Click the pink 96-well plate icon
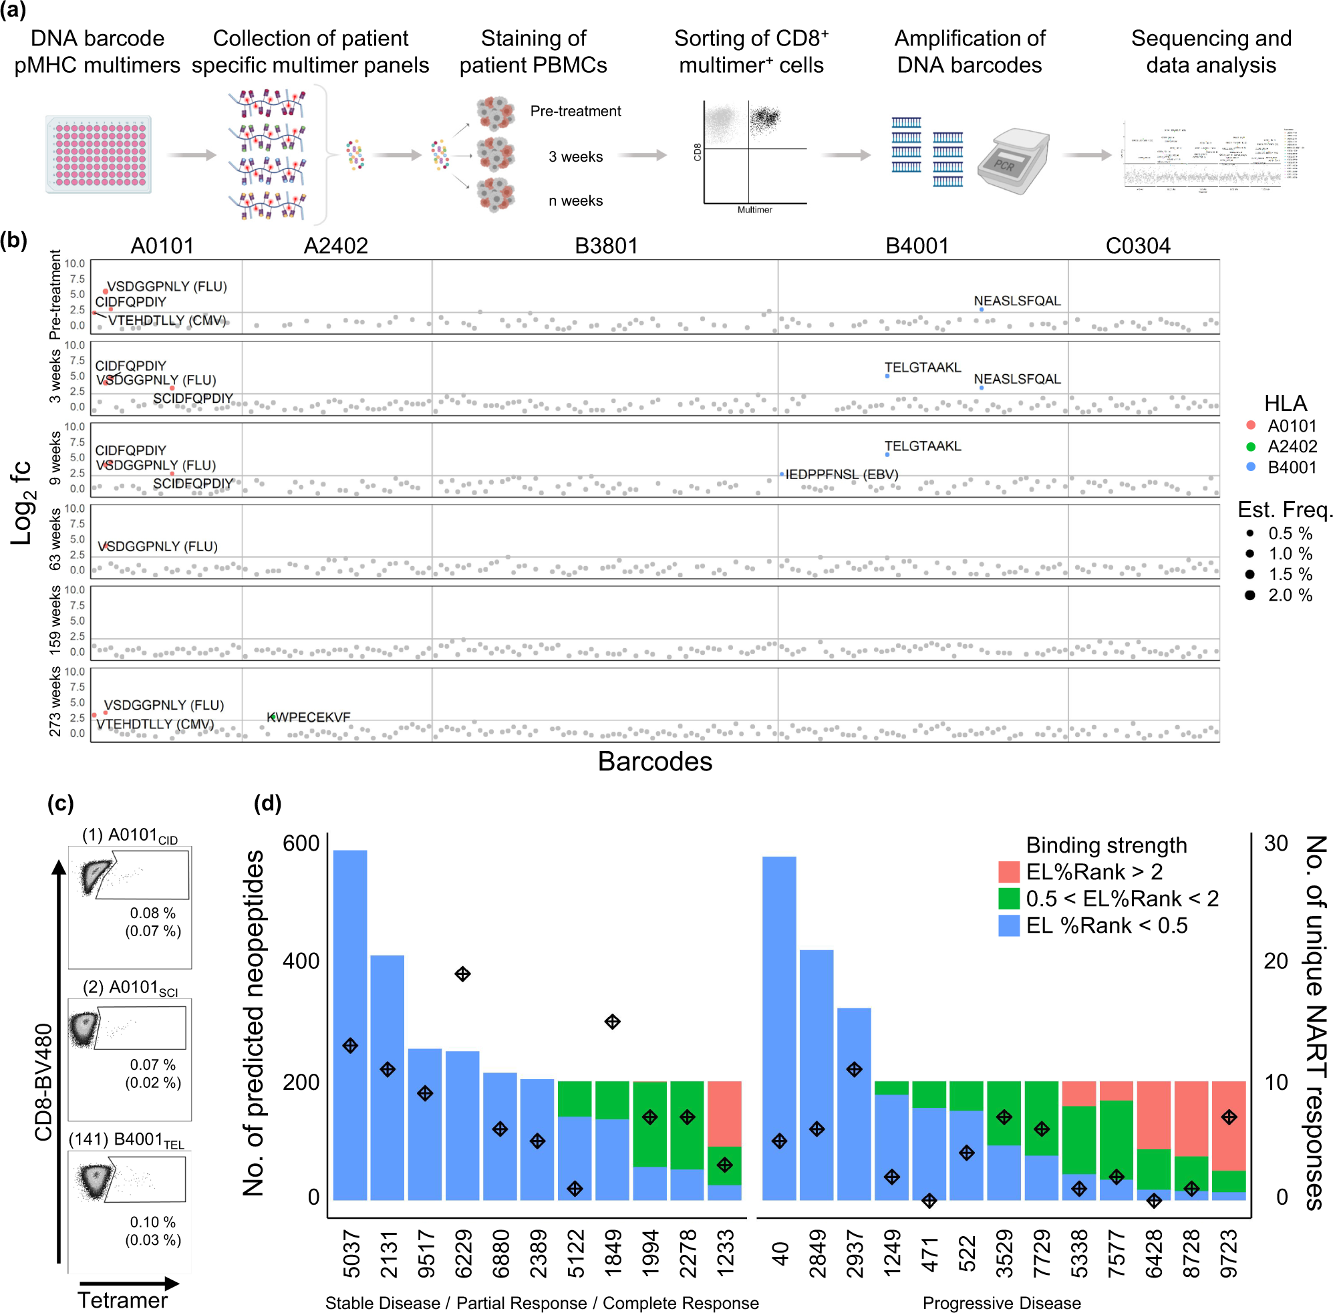[99, 154]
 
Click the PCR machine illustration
[1012, 160]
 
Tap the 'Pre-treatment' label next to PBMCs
[575, 111]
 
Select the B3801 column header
[605, 245]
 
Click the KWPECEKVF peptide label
[307, 717]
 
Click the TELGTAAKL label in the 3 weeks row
[922, 368]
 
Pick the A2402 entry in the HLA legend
[1291, 446]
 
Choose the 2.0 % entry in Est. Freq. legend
[1289, 595]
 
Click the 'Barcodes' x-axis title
[653, 761]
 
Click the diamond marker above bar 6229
[462, 974]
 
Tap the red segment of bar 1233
[724, 1113]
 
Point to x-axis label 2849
[817, 1253]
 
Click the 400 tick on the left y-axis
[301, 961]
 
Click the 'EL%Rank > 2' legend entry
[1093, 871]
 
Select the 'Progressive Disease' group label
[1001, 1302]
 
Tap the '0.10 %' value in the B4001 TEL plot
[152, 1222]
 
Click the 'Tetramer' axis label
[122, 1300]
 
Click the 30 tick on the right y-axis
[1275, 843]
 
